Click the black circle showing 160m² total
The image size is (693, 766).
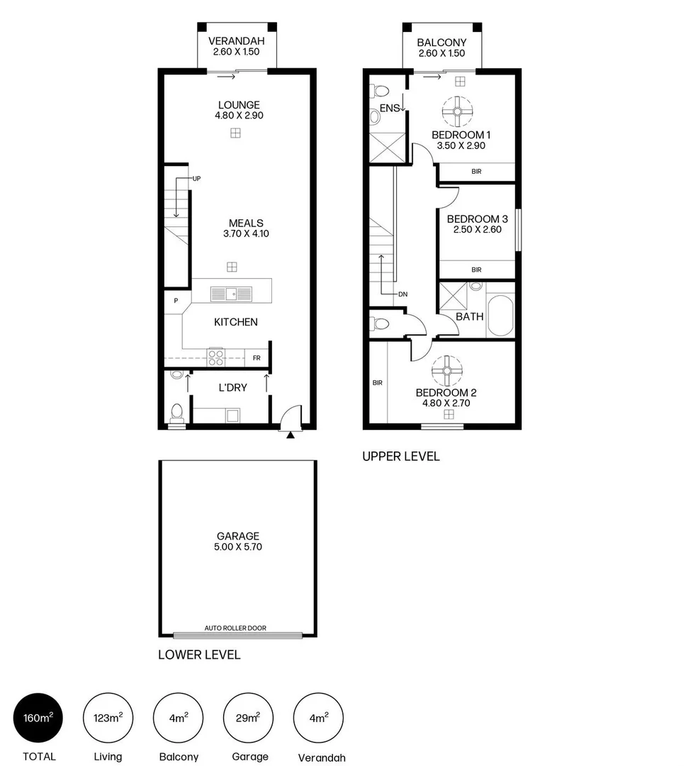38,718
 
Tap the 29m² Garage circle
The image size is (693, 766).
248,718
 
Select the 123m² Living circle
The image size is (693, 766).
108,718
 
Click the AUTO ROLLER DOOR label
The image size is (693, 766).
235,628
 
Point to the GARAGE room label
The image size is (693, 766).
238,536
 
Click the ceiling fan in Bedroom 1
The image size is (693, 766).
458,111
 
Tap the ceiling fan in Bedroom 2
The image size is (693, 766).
448,370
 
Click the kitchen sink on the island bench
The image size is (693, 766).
231,292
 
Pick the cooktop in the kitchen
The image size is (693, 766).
215,357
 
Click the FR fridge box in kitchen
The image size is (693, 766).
257,358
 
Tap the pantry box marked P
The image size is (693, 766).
176,301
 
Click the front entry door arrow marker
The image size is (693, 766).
290,435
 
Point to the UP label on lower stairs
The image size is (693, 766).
196,179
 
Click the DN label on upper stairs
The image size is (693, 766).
403,294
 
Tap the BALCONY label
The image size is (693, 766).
441,43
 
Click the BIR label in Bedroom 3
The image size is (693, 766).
476,270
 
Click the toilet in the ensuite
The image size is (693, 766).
380,91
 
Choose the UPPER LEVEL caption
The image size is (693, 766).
400,456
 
